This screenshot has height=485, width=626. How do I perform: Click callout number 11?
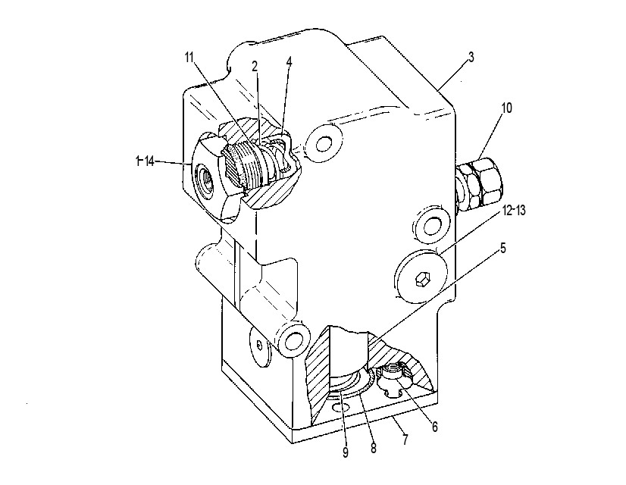tap(189, 57)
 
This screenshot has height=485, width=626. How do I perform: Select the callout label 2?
tap(255, 66)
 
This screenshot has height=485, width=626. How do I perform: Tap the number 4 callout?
tap(289, 62)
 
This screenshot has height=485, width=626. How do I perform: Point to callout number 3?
tap(471, 57)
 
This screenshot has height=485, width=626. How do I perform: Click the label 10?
tap(505, 108)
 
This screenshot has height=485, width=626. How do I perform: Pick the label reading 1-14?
tap(145, 161)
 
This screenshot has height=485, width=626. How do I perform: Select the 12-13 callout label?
tap(514, 210)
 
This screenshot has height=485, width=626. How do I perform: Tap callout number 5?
tap(502, 248)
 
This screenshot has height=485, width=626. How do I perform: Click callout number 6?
tap(435, 427)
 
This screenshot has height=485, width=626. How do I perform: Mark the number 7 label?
tap(405, 440)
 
